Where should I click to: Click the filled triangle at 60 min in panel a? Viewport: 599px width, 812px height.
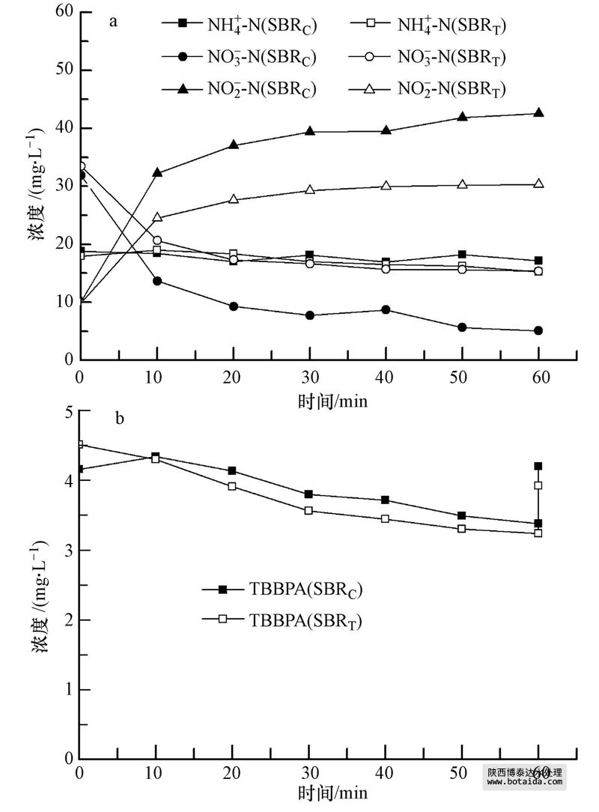tap(538, 113)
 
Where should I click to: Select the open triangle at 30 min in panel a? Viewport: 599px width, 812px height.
tap(309, 190)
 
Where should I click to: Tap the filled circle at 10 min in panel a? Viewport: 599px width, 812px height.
tap(156, 281)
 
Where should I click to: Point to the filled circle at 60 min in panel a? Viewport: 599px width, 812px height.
tap(538, 330)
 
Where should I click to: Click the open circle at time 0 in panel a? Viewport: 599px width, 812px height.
tap(81, 166)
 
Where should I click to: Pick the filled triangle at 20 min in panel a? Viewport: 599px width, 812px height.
tap(233, 145)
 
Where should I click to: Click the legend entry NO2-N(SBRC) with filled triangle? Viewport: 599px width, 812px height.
tap(240, 89)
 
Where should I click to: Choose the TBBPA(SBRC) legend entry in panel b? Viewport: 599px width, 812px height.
tap(285, 590)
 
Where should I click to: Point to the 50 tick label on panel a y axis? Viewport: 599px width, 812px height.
tap(62, 70)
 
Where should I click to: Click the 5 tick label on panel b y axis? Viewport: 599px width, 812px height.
tap(67, 412)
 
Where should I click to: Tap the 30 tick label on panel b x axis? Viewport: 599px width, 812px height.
tap(309, 773)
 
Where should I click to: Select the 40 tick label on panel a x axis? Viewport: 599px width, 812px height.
tap(386, 376)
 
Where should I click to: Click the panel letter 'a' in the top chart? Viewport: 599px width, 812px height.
tap(114, 21)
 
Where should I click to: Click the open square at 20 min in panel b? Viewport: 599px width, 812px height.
tap(233, 486)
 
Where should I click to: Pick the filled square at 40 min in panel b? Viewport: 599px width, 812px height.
tap(386, 500)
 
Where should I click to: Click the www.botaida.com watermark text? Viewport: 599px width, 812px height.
tap(524, 782)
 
